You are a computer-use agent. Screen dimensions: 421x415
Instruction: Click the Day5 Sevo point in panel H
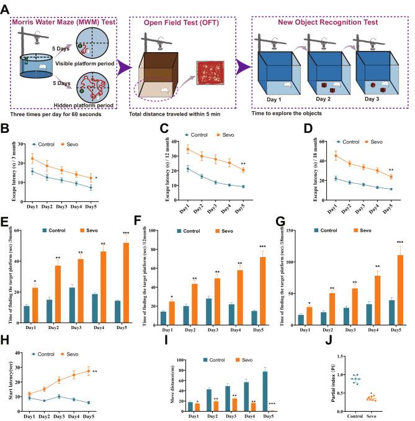89,371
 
